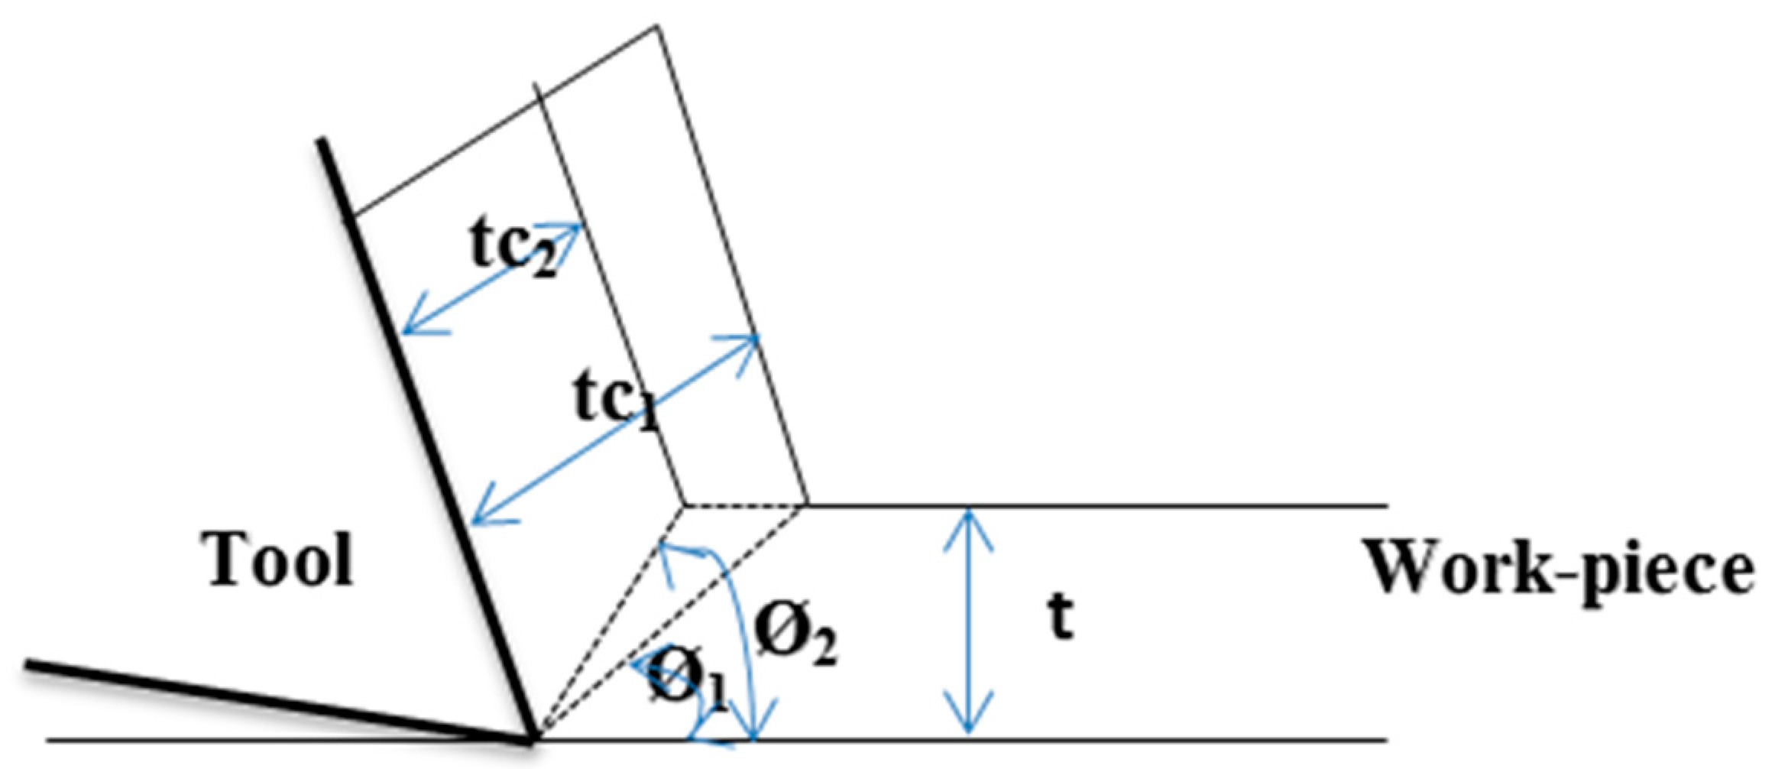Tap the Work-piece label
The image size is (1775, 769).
tap(1559, 569)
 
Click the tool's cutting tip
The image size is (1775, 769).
tap(533, 740)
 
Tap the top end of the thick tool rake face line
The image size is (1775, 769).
tap(322, 141)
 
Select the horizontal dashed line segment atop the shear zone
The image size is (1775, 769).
tap(745, 505)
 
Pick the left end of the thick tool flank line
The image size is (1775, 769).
tap(28, 664)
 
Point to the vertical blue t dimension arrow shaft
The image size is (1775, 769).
tap(969, 623)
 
